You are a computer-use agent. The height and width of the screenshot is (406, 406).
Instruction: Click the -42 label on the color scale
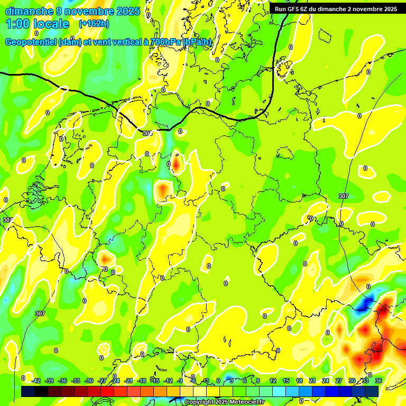(x=36, y=381)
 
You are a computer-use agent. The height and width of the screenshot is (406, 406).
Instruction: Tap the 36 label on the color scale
(x=377, y=381)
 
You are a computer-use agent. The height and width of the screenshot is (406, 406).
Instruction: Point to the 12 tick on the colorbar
(x=272, y=381)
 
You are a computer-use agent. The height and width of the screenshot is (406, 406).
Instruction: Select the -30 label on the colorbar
(x=89, y=381)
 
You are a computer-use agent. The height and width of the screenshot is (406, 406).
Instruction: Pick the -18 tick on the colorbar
(x=141, y=381)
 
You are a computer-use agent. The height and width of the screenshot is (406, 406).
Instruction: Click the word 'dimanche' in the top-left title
(x=30, y=11)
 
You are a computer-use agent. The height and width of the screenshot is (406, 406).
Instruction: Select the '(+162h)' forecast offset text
(x=94, y=24)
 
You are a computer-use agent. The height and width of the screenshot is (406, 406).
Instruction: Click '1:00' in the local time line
(x=17, y=24)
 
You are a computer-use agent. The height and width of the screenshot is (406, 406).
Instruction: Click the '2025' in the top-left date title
(x=127, y=11)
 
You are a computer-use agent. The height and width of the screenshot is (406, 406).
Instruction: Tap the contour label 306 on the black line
(x=147, y=133)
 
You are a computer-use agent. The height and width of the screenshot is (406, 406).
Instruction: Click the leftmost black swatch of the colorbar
(x=27, y=391)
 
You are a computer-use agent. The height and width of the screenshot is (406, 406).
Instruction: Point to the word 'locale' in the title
(x=51, y=24)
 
